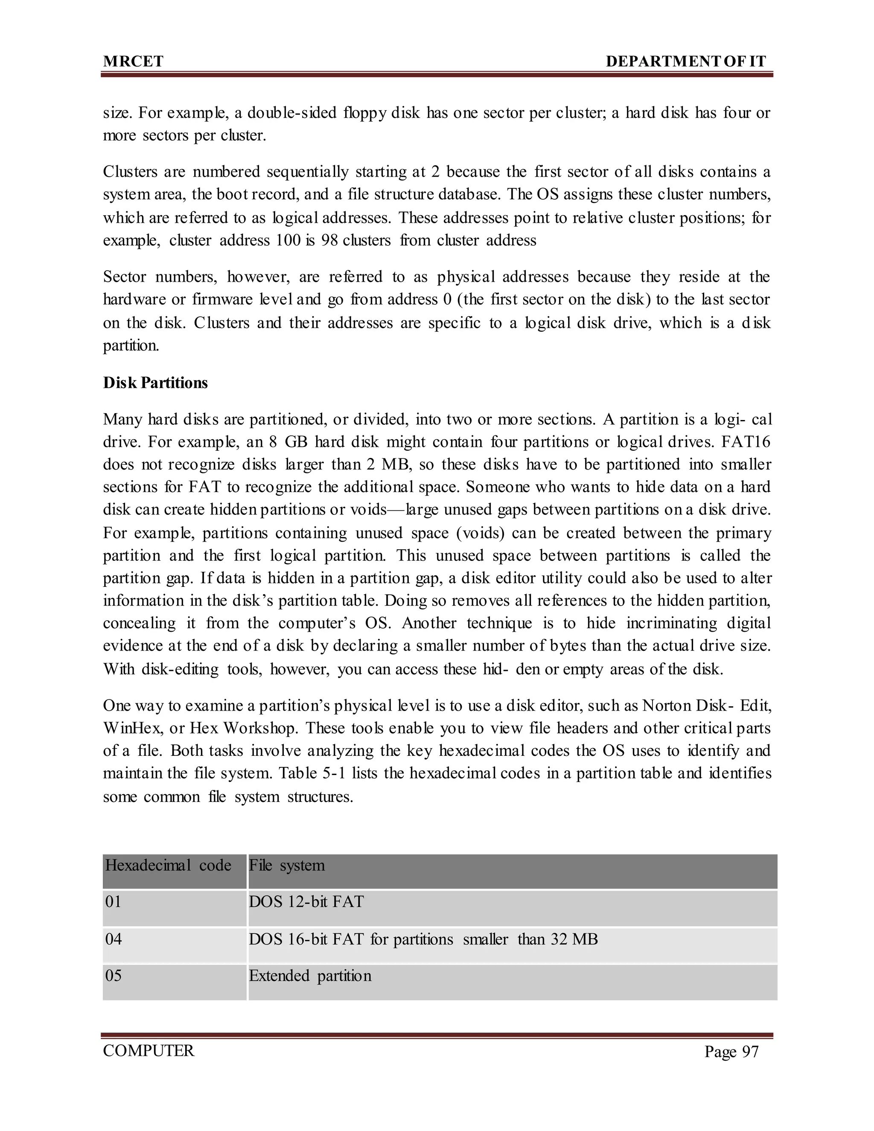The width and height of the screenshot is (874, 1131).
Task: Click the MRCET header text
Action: (x=133, y=61)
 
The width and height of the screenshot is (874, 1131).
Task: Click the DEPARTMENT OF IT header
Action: (x=685, y=61)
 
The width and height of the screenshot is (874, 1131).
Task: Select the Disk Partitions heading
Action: (x=155, y=383)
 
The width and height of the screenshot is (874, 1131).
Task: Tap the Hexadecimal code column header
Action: (x=168, y=866)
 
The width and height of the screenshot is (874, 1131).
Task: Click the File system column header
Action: (x=287, y=866)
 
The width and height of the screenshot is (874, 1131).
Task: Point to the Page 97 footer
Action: (x=731, y=1051)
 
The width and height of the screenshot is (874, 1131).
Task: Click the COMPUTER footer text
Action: (x=149, y=1051)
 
